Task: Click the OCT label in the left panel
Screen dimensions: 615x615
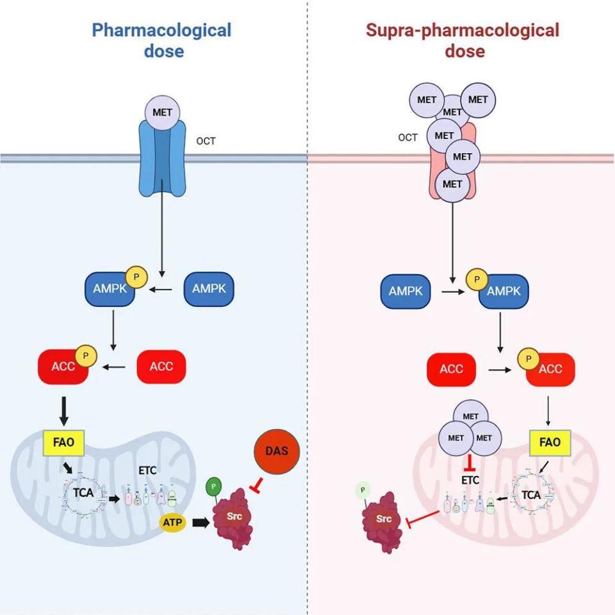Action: click(x=206, y=141)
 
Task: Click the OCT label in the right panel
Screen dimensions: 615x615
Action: click(x=408, y=137)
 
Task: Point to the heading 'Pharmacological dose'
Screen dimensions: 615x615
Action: click(x=161, y=40)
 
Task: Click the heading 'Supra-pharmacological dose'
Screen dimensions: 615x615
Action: click(x=462, y=40)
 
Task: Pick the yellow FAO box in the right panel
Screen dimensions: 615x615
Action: click(x=550, y=441)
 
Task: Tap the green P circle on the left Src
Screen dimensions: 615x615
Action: click(x=213, y=486)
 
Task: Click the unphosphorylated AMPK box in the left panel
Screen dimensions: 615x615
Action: click(x=209, y=289)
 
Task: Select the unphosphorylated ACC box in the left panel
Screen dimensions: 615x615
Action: click(x=161, y=366)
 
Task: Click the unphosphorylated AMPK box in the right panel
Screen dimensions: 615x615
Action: click(x=406, y=290)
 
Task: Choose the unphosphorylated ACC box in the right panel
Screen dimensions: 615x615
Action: click(x=451, y=369)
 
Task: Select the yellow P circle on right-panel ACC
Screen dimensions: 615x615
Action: click(x=529, y=358)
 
